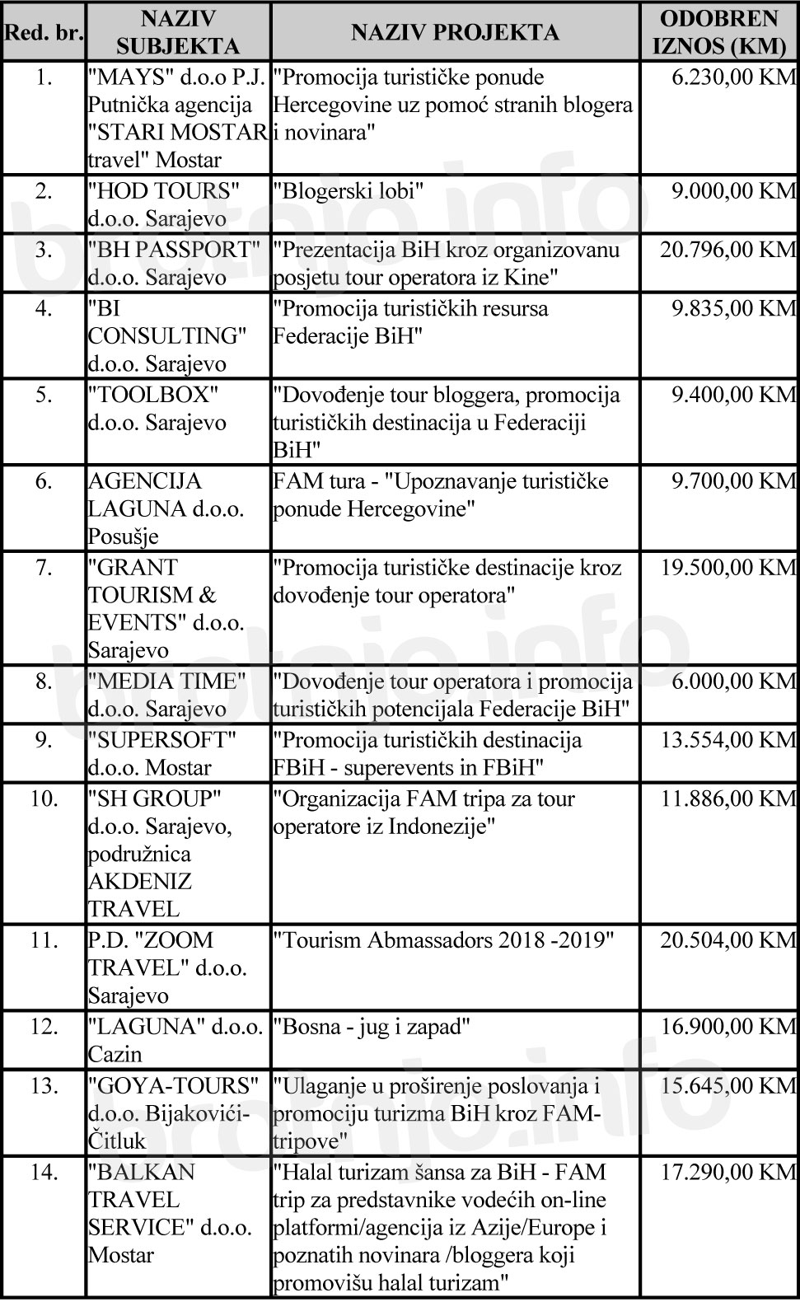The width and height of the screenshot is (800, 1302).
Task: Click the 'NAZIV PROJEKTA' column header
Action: click(x=455, y=32)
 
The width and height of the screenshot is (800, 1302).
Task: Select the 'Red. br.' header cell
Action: click(x=44, y=33)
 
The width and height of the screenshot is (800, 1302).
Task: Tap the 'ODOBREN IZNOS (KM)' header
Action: click(x=719, y=32)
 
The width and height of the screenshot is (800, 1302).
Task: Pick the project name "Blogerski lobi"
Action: click(x=349, y=192)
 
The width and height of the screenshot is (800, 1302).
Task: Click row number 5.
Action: click(x=44, y=396)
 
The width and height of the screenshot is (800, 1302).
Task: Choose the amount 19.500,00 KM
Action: click(x=728, y=568)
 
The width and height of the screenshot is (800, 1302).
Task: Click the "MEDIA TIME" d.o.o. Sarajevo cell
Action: click(x=167, y=695)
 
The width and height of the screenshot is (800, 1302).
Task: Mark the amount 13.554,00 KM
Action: click(x=728, y=740)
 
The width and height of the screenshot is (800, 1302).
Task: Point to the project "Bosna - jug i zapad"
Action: click(x=372, y=1028)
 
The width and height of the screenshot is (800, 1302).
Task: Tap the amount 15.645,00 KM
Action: click(x=728, y=1086)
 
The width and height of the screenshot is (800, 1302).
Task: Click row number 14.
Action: click(x=44, y=1173)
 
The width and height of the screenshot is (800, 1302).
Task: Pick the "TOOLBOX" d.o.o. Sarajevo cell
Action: click(x=157, y=409)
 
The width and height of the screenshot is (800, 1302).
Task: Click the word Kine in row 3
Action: click(x=525, y=278)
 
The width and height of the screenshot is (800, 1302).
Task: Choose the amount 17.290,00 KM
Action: click(x=728, y=1173)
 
